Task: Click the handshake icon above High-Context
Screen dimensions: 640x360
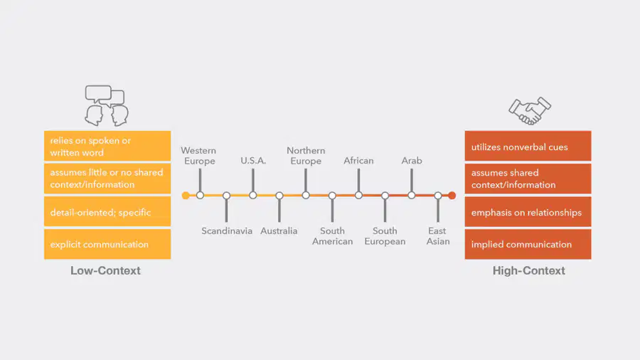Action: tap(529, 110)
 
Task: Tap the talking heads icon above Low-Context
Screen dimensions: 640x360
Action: tap(107, 105)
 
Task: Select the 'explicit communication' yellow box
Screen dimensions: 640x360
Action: tap(107, 244)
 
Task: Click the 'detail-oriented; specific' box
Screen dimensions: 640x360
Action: tap(107, 212)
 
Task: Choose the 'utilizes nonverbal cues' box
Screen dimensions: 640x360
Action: tap(528, 146)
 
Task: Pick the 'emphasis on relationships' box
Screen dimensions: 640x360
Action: tap(528, 212)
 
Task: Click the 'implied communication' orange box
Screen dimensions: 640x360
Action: tap(528, 244)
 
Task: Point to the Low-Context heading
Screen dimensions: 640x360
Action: tap(105, 270)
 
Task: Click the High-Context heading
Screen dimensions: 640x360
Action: tap(528, 270)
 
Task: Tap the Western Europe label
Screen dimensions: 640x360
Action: tap(199, 156)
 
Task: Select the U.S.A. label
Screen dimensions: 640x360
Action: tap(253, 161)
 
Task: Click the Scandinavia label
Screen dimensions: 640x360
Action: tap(227, 231)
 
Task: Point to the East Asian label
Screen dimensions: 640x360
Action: tap(437, 236)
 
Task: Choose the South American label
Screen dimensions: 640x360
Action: tap(332, 236)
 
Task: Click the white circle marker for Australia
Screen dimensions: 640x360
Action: tap(279, 196)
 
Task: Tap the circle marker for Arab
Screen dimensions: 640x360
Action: tap(412, 196)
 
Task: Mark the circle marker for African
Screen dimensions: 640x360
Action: tap(358, 196)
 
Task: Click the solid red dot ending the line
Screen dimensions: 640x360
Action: tap(452, 196)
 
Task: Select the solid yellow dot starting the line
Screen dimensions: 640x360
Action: tap(186, 196)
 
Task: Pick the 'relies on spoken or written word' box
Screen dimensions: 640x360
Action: tap(107, 146)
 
